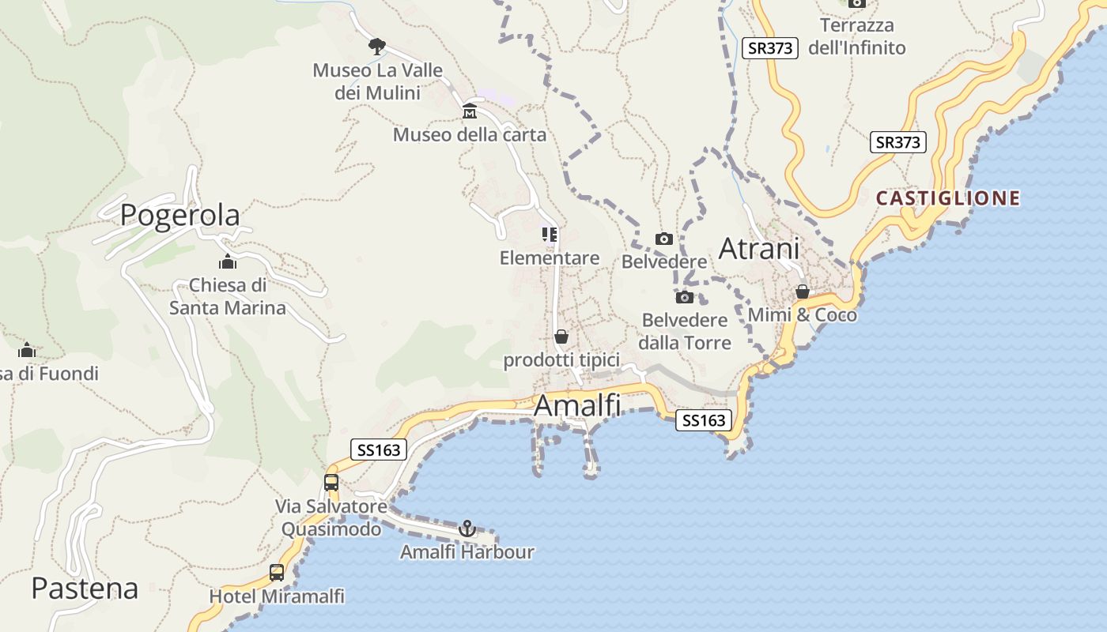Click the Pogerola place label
(x=179, y=215)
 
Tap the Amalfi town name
(x=576, y=406)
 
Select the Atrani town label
(x=758, y=249)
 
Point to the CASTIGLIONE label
(x=948, y=197)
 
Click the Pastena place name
(x=85, y=589)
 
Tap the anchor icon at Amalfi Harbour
(x=467, y=527)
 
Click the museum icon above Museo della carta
(x=470, y=110)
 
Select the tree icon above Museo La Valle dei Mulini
(x=377, y=46)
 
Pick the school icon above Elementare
(x=550, y=234)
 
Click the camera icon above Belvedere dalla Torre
(x=685, y=297)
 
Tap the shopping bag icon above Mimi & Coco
(x=803, y=292)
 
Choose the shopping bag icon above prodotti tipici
(x=561, y=337)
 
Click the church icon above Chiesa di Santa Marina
(x=228, y=261)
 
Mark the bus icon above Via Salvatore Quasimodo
(x=331, y=482)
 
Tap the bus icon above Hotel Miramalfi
(x=277, y=573)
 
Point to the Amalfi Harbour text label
(x=467, y=552)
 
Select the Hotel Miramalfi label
(x=277, y=596)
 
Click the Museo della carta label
(x=470, y=134)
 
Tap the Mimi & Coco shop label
(x=803, y=315)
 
